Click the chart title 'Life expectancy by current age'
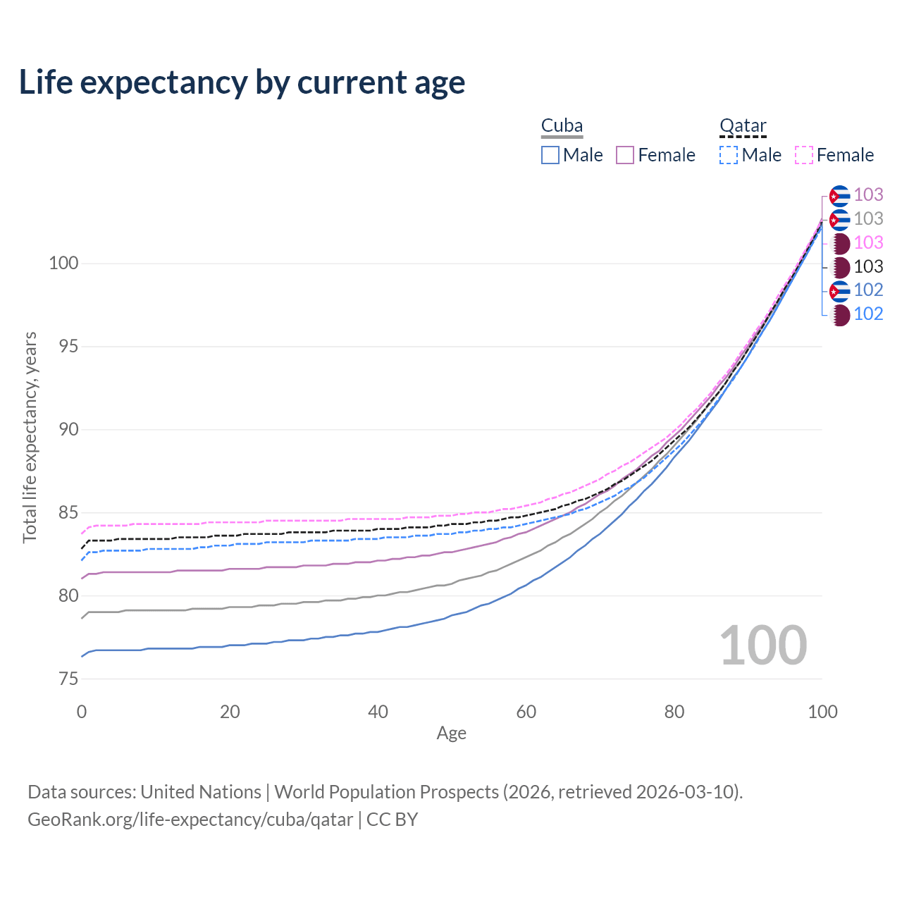[x=242, y=82]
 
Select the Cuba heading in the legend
[x=562, y=126]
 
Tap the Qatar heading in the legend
[x=743, y=126]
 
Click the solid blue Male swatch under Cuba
[x=550, y=155]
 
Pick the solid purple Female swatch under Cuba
[x=625, y=155]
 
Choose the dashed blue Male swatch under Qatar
[x=729, y=155]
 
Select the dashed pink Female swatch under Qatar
[x=804, y=155]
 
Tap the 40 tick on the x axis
[x=378, y=712]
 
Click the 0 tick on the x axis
[x=82, y=712]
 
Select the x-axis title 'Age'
[x=451, y=734]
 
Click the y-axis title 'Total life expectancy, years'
[x=30, y=437]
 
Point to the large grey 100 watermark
[x=763, y=645]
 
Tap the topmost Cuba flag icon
[x=839, y=195]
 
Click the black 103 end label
[x=868, y=267]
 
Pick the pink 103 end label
[x=868, y=243]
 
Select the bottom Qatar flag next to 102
[x=839, y=314]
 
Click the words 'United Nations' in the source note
[x=201, y=792]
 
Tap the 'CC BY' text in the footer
[x=392, y=820]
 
